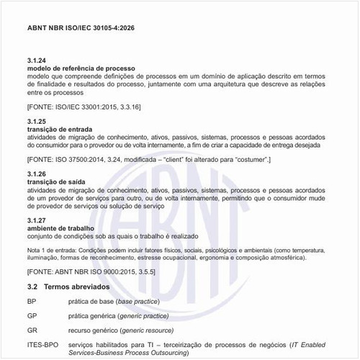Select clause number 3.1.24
(37, 61)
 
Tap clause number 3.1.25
(37, 121)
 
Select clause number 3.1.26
(37, 174)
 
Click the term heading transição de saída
(63, 182)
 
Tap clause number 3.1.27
(37, 220)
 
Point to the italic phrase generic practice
(158, 315)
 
